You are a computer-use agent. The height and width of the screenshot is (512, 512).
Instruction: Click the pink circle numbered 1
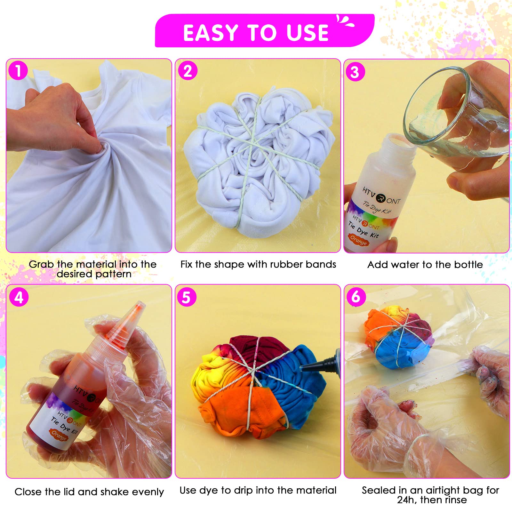pos(19,71)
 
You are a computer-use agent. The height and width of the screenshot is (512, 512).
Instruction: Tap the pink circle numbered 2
pos(188,71)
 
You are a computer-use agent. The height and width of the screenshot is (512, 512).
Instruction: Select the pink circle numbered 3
pos(355,72)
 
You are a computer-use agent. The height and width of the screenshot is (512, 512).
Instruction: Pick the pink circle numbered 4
pos(19,297)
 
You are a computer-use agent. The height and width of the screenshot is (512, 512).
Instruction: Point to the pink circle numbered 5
pos(187,297)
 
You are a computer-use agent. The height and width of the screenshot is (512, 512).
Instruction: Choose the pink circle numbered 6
pos(356,297)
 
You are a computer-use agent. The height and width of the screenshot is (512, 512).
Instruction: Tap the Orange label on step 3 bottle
pos(358,240)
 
